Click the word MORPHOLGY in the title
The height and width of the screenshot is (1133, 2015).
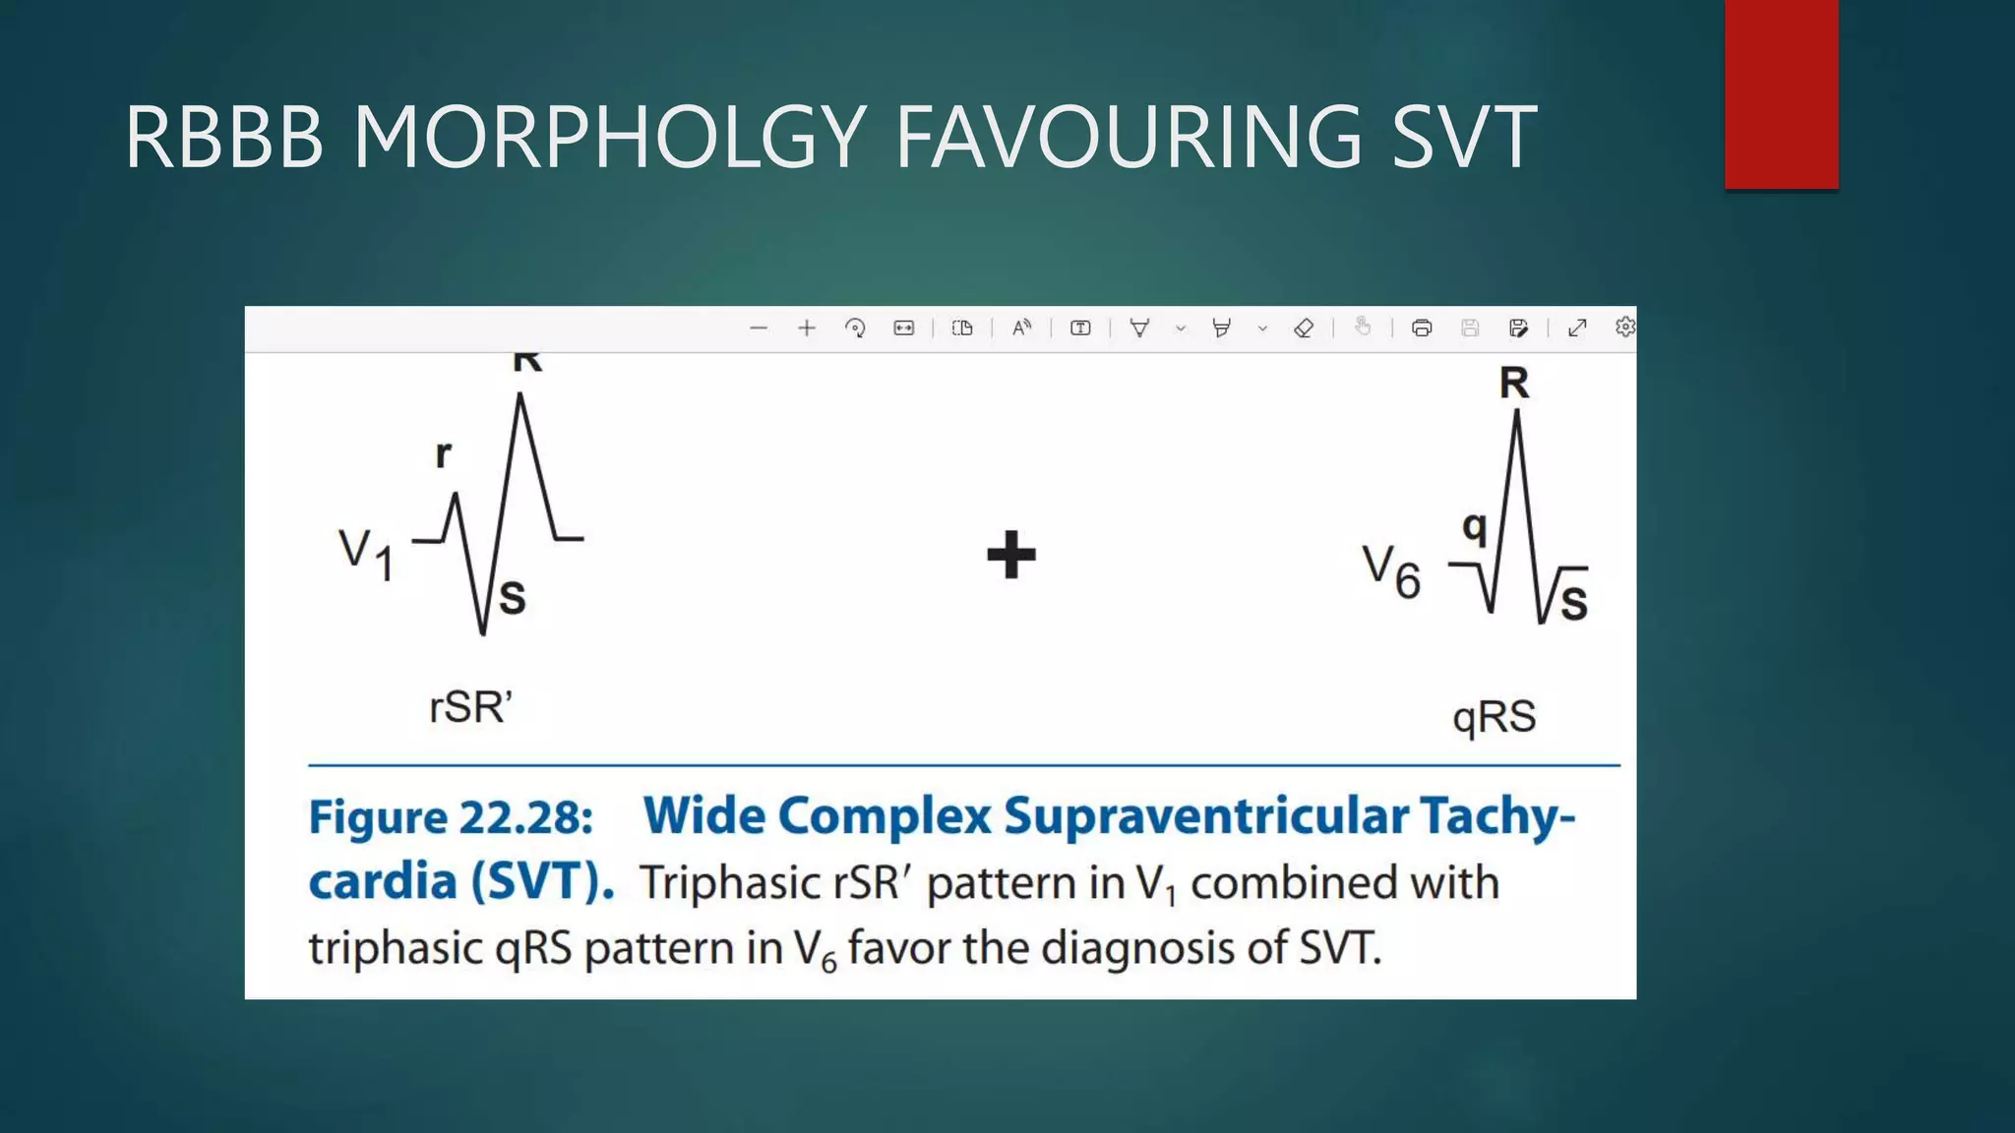click(609, 138)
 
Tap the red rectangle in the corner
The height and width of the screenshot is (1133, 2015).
click(1781, 94)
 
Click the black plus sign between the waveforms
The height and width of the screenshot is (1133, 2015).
click(1011, 555)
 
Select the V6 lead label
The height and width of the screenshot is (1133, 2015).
click(1391, 572)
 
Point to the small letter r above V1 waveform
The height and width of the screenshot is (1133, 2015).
click(444, 454)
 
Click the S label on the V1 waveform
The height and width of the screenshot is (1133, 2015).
click(512, 598)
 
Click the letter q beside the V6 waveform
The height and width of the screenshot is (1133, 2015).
click(1473, 528)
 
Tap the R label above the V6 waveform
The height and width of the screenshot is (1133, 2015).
click(1514, 384)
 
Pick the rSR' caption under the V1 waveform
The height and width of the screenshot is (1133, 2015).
click(470, 707)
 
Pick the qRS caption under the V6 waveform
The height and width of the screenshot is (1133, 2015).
click(1494, 717)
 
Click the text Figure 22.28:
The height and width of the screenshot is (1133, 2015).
click(451, 817)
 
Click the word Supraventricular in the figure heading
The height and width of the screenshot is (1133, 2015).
click(1205, 816)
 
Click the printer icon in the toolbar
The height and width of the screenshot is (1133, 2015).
click(1421, 328)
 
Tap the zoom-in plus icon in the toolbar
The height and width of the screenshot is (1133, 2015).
click(807, 328)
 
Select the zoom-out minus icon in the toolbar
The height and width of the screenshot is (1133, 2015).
click(758, 328)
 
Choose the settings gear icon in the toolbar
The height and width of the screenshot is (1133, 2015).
click(1624, 327)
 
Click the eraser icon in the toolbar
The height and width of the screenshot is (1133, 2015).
click(1304, 328)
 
